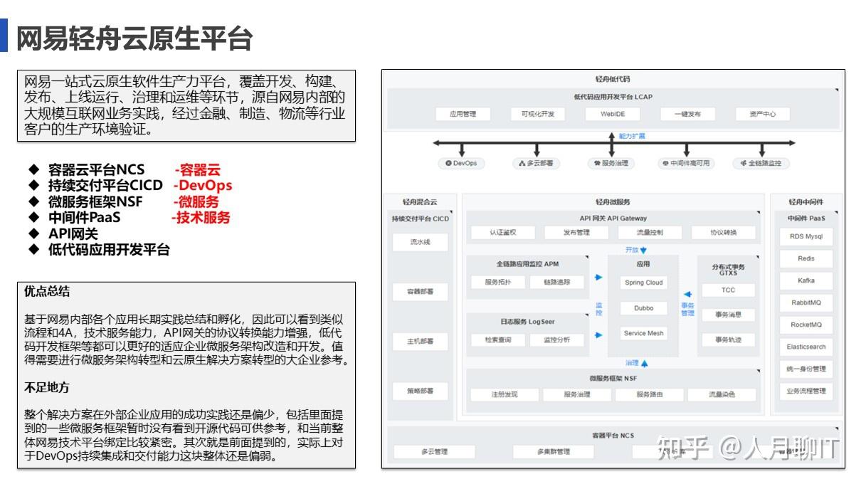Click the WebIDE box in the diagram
click(612, 114)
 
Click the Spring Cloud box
click(643, 283)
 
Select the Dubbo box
click(643, 308)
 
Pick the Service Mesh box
click(643, 333)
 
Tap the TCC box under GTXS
click(728, 290)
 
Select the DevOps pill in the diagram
click(461, 163)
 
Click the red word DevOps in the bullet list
click(205, 186)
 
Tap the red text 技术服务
click(204, 218)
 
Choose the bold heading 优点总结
click(47, 293)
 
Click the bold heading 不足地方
click(47, 387)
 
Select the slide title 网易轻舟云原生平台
click(134, 38)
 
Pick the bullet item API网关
click(73, 233)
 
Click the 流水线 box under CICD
click(421, 242)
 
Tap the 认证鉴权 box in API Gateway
click(502, 232)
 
